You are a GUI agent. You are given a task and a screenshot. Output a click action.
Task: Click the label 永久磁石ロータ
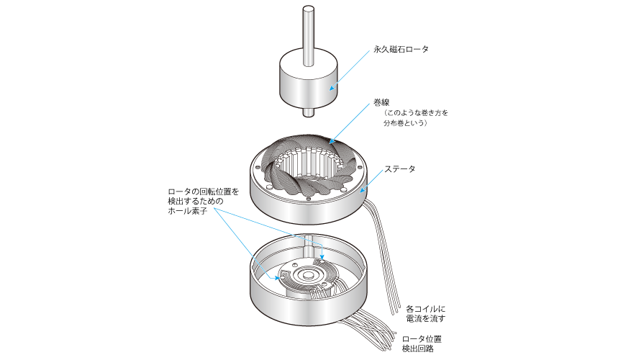[x=401, y=49]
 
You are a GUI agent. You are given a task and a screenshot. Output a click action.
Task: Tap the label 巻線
[x=381, y=103]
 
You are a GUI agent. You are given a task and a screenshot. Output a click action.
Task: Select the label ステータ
[x=399, y=169]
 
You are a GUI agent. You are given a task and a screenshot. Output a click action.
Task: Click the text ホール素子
[x=187, y=211]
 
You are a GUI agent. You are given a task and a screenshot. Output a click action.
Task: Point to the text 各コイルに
[x=425, y=309]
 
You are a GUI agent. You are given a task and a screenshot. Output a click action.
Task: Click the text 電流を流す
[x=425, y=318]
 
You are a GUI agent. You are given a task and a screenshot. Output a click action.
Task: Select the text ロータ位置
[x=422, y=339]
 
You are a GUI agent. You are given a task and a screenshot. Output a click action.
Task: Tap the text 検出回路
[x=417, y=348]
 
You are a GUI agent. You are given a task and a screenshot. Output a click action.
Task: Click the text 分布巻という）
[x=406, y=123]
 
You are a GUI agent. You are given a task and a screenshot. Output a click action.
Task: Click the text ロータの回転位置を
[x=203, y=192]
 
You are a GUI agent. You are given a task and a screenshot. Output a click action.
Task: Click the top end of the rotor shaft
[x=308, y=8]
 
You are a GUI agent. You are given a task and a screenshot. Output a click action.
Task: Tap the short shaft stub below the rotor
[x=308, y=112]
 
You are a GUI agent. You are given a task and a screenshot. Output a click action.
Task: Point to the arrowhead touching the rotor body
[x=332, y=88]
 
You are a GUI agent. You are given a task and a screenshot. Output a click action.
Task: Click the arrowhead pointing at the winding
[x=331, y=141]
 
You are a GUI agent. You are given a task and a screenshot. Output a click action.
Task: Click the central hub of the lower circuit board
[x=308, y=275]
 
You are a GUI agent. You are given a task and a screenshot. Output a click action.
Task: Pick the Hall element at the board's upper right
[x=320, y=261]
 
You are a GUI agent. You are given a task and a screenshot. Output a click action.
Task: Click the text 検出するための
[x=195, y=202]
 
